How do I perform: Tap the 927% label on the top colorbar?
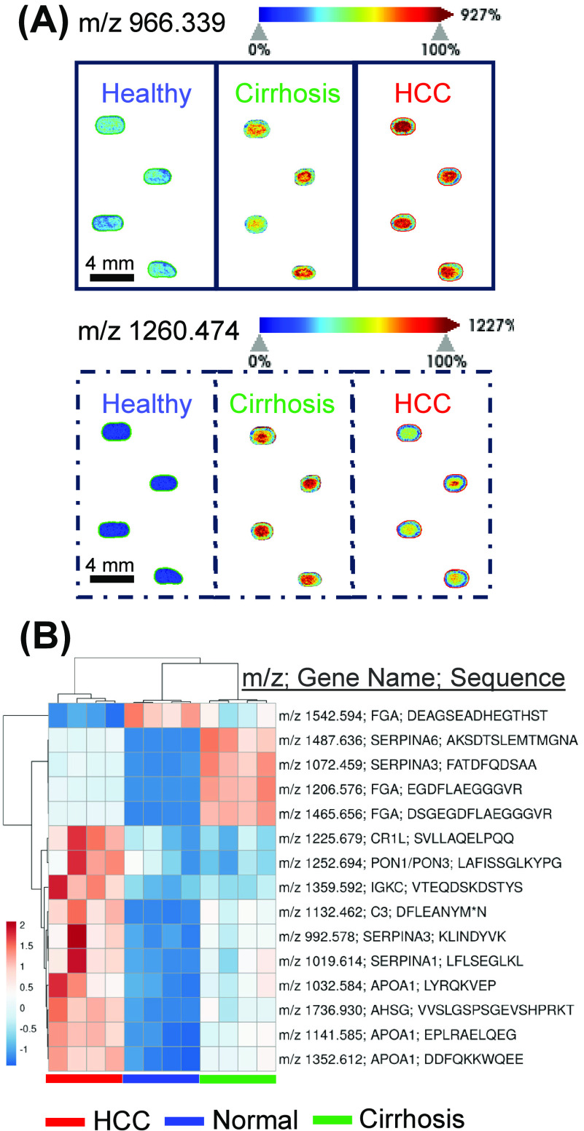coord(480,15)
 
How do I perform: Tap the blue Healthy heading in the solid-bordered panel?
coord(147,94)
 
